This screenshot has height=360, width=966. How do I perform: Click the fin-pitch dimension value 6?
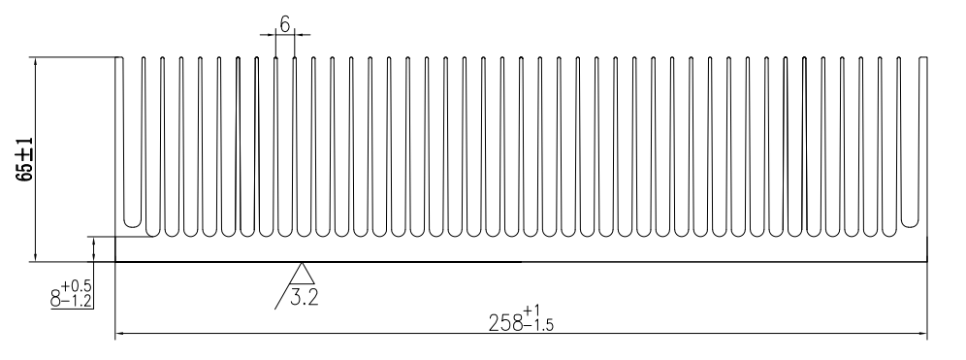point(284,24)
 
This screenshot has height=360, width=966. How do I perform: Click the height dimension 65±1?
point(26,159)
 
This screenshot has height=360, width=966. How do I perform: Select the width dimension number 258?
point(506,323)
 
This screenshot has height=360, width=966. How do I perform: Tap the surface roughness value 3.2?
point(305,298)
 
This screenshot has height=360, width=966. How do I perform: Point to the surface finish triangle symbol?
point(302,275)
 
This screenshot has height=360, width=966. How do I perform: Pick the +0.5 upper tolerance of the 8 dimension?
point(77,286)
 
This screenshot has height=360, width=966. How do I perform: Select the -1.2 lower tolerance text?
point(77,302)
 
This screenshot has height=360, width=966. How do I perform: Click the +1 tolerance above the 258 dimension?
point(532,310)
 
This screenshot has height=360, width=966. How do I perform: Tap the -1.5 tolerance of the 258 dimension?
point(539,325)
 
